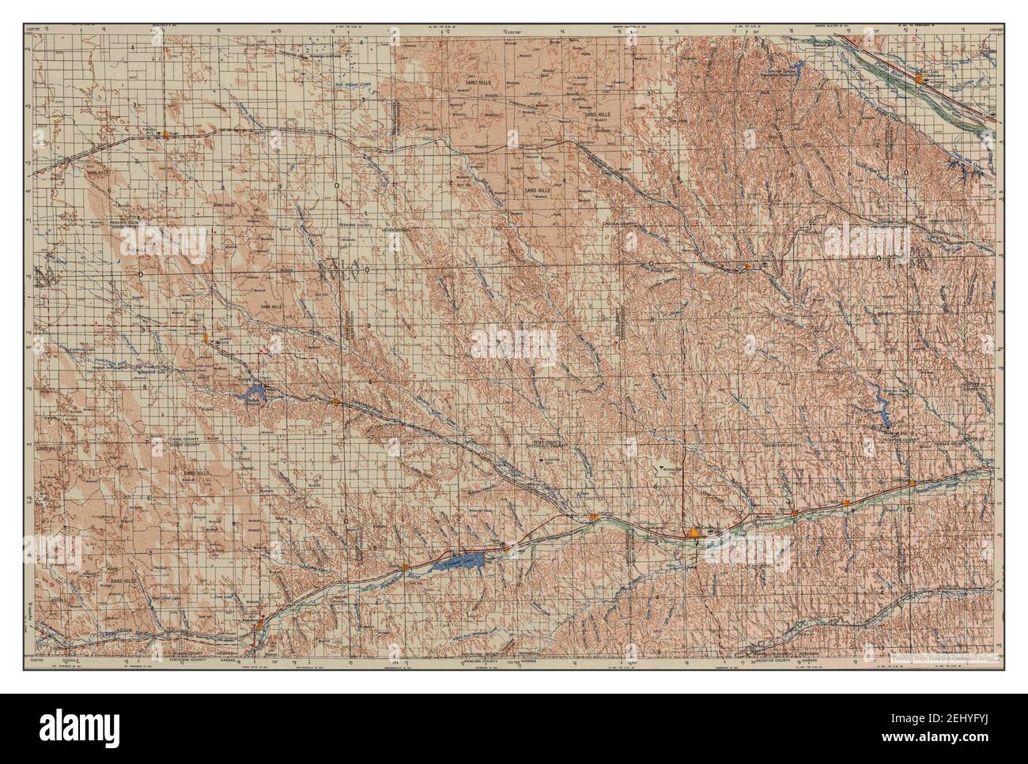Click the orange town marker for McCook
[x=695, y=535]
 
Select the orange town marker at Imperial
[x=206, y=337]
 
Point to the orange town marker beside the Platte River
[x=919, y=78]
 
